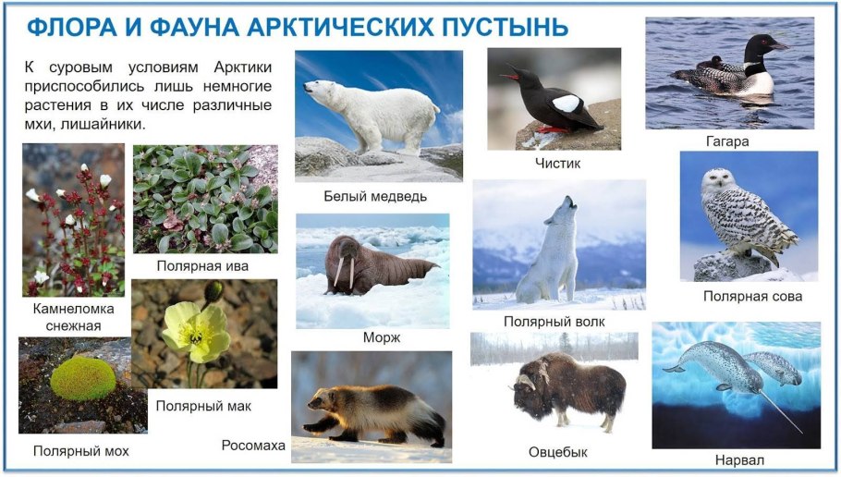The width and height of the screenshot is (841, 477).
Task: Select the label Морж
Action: coord(383,337)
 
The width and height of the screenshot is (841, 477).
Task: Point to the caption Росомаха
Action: coord(253,446)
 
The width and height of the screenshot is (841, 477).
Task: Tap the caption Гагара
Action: coord(725,141)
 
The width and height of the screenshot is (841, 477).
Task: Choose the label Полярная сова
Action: coord(752,296)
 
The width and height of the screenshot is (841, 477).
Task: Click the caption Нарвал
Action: coord(739,459)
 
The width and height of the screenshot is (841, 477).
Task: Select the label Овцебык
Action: coord(558,452)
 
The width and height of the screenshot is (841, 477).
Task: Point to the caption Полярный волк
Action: coord(555,321)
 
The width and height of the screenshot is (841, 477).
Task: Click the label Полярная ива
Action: coord(202,266)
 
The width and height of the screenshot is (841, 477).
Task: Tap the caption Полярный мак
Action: coord(203,405)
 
